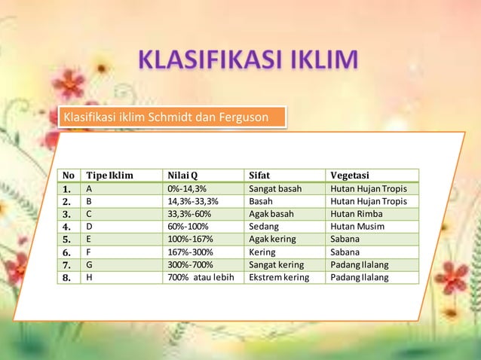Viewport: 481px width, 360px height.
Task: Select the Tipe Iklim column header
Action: [109, 175]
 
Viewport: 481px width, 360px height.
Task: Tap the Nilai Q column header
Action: [183, 175]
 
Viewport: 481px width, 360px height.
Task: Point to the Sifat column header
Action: [259, 175]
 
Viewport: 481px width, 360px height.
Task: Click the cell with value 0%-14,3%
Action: [187, 188]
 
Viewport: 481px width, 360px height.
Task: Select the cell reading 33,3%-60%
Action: [189, 214]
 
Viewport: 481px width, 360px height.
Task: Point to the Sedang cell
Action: [263, 227]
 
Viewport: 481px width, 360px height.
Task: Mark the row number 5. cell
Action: [68, 239]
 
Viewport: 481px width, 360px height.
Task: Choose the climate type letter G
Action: [90, 265]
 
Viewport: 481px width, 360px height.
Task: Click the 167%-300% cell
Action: [190, 252]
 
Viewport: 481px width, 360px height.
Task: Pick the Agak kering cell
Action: [272, 239]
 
